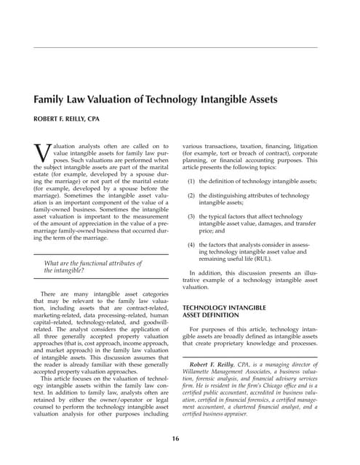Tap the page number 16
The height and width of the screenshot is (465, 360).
175,438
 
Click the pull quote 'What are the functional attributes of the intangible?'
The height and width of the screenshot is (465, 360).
93,267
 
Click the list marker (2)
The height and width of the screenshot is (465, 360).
191,196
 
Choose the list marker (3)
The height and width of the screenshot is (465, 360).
191,217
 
